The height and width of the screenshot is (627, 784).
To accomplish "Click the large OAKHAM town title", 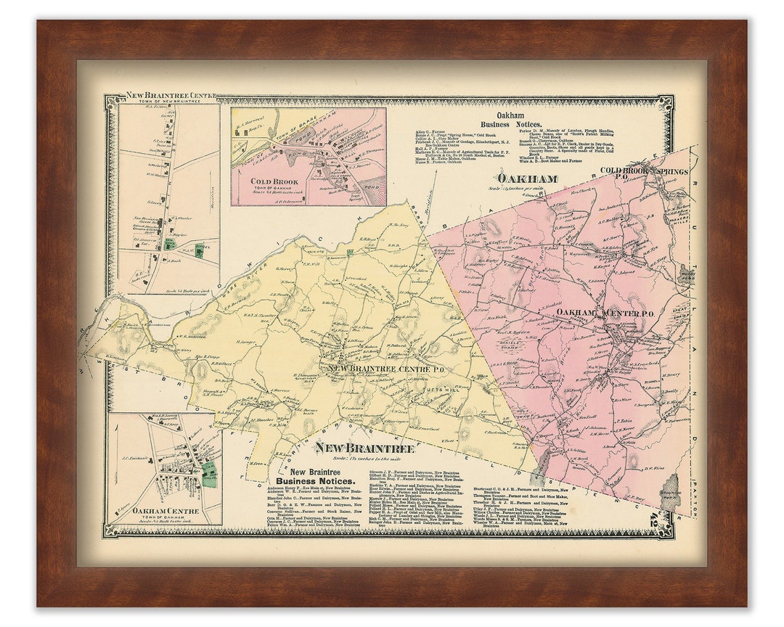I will click(526, 179).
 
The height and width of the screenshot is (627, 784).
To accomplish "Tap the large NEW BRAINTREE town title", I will click(364, 448).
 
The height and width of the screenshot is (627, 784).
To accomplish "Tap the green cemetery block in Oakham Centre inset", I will click(209, 472).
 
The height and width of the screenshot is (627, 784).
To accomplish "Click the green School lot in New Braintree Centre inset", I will click(199, 251).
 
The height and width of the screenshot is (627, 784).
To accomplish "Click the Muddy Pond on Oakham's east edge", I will click(685, 275).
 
